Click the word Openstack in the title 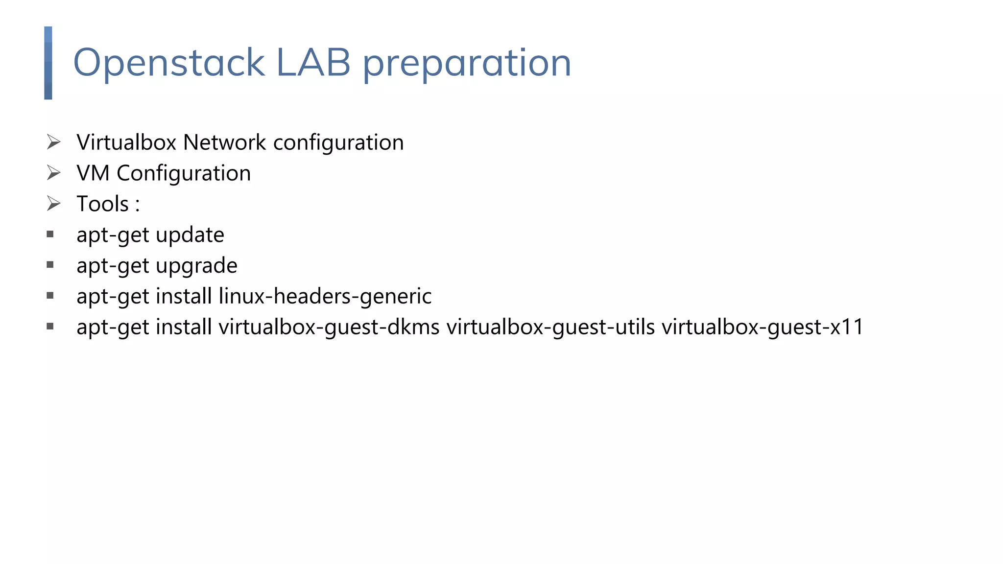tap(169, 63)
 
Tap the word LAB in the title tap(313, 63)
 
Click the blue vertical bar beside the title tap(48, 63)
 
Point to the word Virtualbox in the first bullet tap(126, 142)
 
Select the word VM tap(93, 173)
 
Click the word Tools tap(103, 204)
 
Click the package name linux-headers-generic tap(325, 297)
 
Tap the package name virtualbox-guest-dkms tap(329, 327)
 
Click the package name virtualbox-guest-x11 tap(763, 327)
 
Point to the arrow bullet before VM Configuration tap(53, 173)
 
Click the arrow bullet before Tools tap(53, 204)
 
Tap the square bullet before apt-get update tap(50, 235)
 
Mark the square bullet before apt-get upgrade tap(50, 265)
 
